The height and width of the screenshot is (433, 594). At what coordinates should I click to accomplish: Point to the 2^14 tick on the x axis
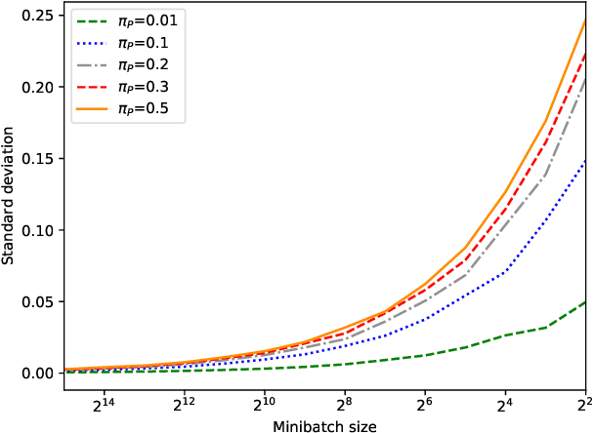[x=103, y=404]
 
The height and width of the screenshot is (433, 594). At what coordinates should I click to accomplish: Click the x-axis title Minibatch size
[x=324, y=425]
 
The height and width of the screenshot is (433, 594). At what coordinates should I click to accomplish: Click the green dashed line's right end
[x=585, y=301]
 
